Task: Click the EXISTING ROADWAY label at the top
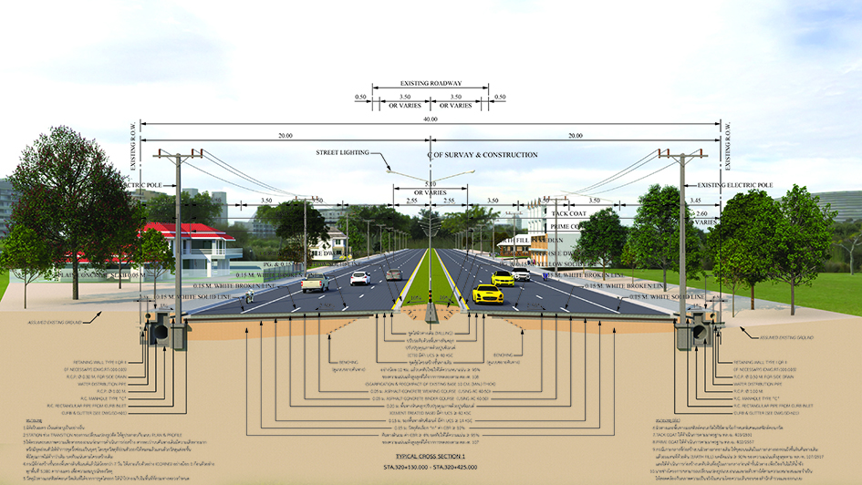[x=431, y=84]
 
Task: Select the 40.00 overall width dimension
[x=431, y=120]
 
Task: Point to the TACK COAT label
[x=573, y=212]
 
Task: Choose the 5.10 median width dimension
[x=431, y=183]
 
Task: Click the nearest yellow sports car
[x=488, y=293]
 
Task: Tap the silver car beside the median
[x=394, y=273]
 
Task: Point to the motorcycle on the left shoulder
[x=249, y=295]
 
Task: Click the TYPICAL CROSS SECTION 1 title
[x=431, y=455]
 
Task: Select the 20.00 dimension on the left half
[x=286, y=136]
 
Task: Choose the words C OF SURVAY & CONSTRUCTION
[x=483, y=156]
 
